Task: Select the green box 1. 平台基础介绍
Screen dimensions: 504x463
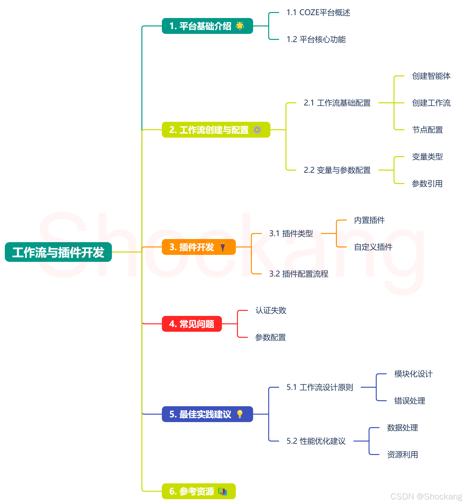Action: click(x=201, y=26)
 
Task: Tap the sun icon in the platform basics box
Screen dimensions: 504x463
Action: click(x=240, y=25)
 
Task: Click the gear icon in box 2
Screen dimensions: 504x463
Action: click(x=257, y=129)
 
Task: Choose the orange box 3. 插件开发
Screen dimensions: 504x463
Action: click(x=192, y=247)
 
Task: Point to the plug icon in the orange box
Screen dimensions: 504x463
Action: click(x=223, y=247)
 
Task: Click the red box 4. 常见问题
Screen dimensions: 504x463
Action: click(x=192, y=324)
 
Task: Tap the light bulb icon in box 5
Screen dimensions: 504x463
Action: click(x=240, y=414)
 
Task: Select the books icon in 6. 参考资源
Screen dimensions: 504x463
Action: click(x=222, y=491)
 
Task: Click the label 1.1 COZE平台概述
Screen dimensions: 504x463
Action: click(x=318, y=12)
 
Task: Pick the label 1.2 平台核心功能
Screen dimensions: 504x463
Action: click(x=316, y=39)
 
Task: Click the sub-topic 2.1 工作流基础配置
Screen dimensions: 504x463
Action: click(x=337, y=103)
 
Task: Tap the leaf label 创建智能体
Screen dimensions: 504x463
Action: click(x=431, y=76)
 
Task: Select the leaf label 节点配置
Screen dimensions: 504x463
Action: click(x=427, y=130)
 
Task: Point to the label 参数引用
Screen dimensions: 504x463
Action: click(x=427, y=184)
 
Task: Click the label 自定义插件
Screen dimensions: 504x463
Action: click(x=373, y=247)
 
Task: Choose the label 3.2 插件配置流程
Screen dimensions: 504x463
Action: click(x=299, y=274)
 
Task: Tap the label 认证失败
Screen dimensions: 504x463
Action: click(x=271, y=310)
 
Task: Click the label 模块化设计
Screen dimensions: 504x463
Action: click(x=413, y=374)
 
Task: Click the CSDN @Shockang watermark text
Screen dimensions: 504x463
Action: click(x=426, y=496)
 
